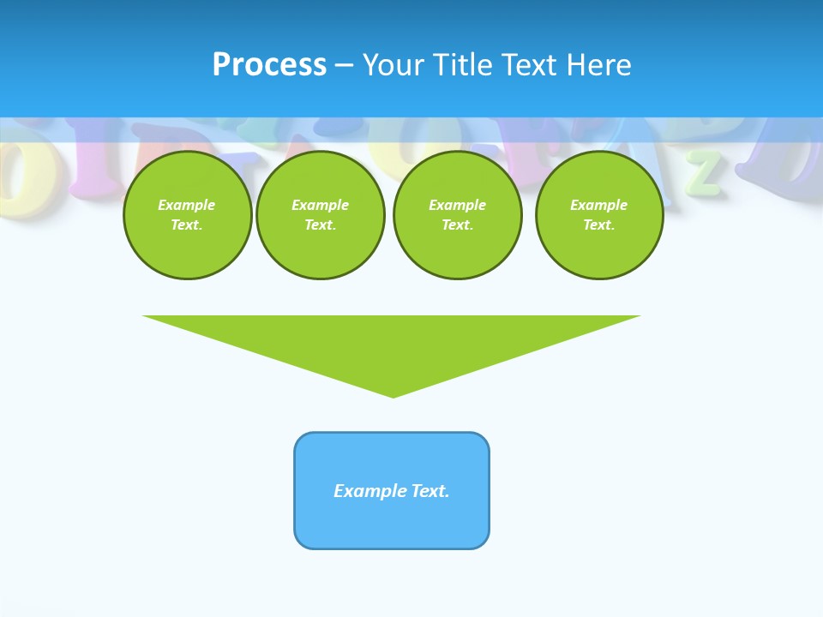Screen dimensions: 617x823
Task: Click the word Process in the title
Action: point(269,65)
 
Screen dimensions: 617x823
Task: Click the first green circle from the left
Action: point(187,215)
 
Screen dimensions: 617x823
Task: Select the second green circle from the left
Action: point(320,215)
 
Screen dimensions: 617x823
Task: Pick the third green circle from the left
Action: point(457,215)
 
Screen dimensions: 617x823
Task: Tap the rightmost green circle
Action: point(598,215)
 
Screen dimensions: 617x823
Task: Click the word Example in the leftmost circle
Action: point(187,205)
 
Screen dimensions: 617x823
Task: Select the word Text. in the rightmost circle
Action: point(598,225)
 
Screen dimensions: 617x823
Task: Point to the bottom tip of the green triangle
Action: point(393,396)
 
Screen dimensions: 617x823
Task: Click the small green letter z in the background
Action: point(704,172)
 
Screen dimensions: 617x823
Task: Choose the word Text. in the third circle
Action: point(457,225)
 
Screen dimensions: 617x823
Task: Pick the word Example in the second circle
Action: point(320,205)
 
